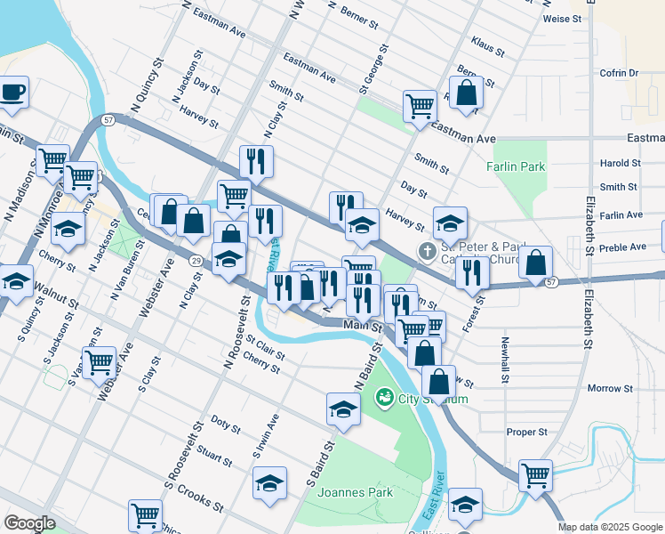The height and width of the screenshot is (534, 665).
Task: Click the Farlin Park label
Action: [x=516, y=166]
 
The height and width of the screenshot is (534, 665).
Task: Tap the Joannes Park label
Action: [x=356, y=491]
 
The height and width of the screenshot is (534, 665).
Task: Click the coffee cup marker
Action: [x=12, y=92]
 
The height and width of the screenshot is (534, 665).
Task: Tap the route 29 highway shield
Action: [x=195, y=259]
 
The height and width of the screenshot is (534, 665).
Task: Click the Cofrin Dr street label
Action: [x=621, y=73]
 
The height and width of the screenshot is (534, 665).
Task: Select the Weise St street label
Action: [x=562, y=18]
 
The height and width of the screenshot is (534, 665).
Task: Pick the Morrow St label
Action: [x=610, y=389]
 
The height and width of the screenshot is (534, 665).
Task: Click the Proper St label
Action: [x=526, y=432]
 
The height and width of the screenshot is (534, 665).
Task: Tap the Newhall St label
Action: [x=504, y=360]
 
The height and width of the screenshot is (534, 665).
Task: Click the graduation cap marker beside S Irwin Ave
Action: [x=269, y=482]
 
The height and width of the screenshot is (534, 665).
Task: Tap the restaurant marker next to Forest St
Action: [x=472, y=271]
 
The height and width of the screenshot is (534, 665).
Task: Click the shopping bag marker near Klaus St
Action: [x=466, y=92]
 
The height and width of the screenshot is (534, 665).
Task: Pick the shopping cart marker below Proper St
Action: [x=535, y=474]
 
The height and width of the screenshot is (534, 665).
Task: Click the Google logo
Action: [x=29, y=522]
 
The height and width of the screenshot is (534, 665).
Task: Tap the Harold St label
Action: [x=620, y=164]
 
